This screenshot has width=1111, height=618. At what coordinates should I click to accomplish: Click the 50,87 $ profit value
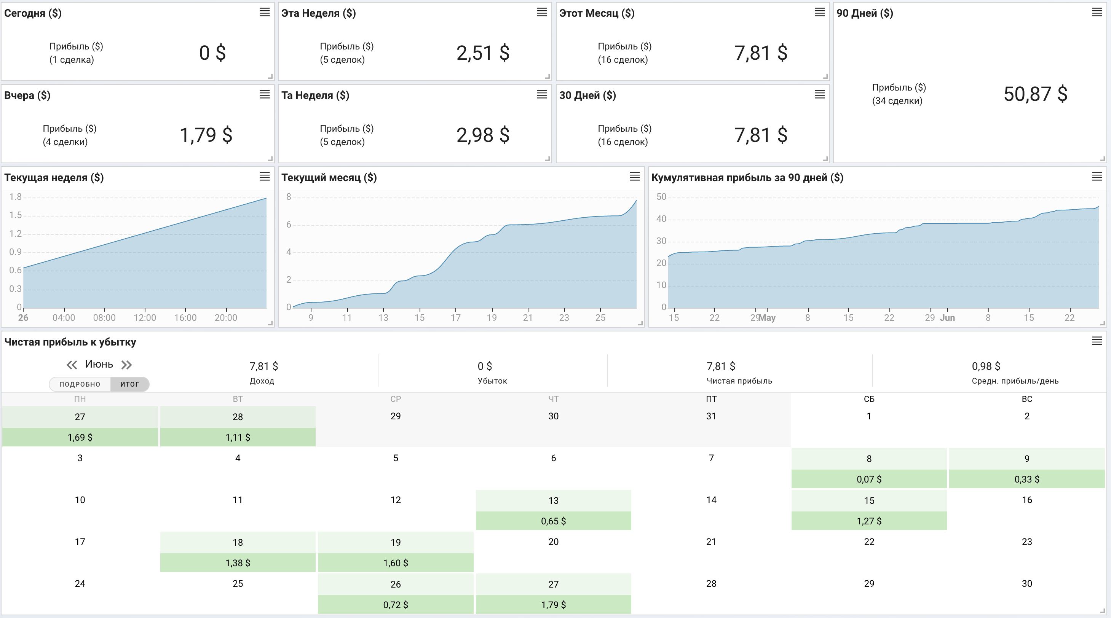(x=1035, y=94)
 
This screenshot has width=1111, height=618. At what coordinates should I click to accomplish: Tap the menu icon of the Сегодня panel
(x=264, y=12)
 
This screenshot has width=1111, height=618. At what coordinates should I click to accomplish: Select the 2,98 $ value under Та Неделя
(x=483, y=135)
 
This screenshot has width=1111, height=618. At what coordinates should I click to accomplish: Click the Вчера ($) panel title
(x=27, y=95)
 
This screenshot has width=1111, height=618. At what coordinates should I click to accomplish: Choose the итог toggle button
(x=130, y=384)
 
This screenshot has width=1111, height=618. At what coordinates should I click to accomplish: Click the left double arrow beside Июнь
(x=72, y=365)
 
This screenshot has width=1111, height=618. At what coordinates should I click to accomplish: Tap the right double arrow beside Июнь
(x=126, y=365)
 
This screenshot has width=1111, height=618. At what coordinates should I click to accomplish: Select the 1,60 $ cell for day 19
(x=396, y=563)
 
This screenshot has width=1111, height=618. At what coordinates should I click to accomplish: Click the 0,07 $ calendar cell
(x=869, y=479)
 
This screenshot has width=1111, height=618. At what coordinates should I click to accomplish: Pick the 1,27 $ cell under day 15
(x=869, y=521)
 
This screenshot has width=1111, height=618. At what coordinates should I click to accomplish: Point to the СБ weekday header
(x=869, y=399)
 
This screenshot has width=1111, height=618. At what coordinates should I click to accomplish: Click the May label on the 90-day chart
(x=767, y=318)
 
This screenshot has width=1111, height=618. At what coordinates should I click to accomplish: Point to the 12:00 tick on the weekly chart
(x=145, y=318)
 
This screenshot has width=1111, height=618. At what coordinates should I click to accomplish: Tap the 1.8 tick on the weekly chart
(x=16, y=197)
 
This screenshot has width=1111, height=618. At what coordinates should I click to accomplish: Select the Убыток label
(x=492, y=381)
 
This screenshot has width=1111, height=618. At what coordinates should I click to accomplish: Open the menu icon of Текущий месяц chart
(x=634, y=176)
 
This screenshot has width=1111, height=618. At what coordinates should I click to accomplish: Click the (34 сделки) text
(x=897, y=101)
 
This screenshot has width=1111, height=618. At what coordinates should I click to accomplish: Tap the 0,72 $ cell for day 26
(x=396, y=605)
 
